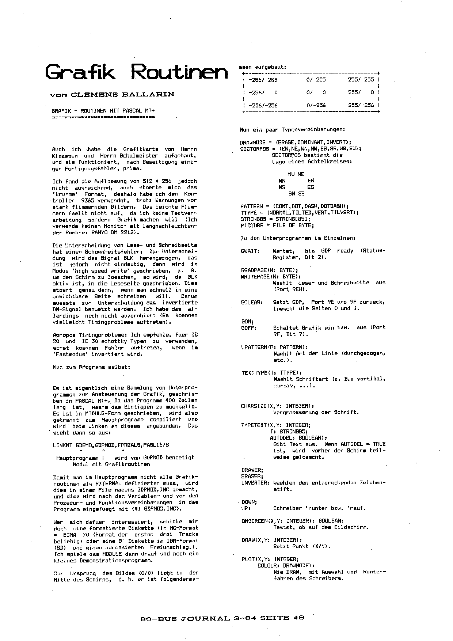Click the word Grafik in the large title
(x=80, y=72)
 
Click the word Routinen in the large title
(x=179, y=72)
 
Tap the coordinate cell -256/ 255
(x=263, y=79)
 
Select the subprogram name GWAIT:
(x=250, y=251)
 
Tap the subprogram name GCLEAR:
(x=252, y=302)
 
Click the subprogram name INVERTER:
(x=255, y=483)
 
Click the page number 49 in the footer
(x=298, y=618)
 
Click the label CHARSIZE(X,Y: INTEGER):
(x=277, y=406)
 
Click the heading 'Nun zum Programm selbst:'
(x=91, y=367)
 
